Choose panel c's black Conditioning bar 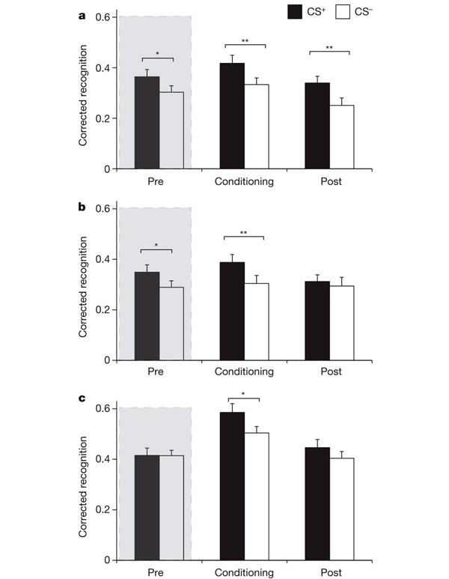(x=232, y=486)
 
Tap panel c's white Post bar (x=341, y=509)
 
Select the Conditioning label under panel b (x=244, y=372)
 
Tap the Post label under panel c (x=329, y=572)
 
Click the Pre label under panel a (x=159, y=181)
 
